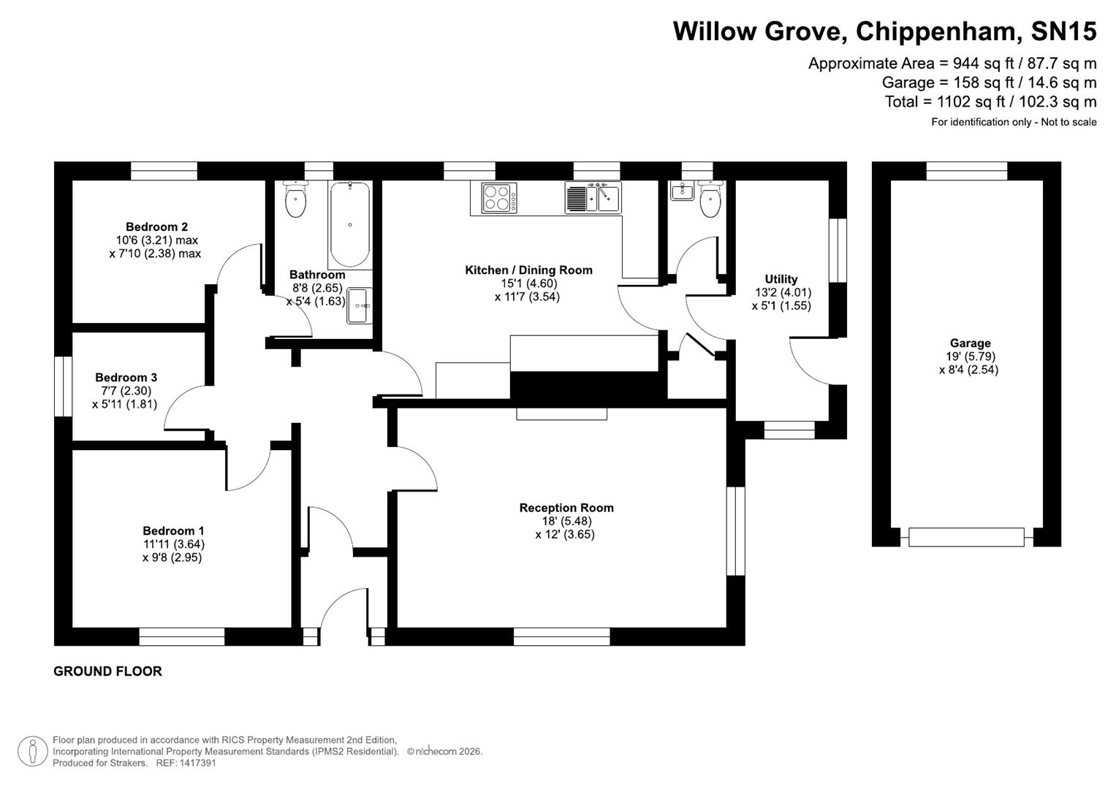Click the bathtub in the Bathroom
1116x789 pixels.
(x=349, y=224)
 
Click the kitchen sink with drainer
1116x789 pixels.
(x=593, y=197)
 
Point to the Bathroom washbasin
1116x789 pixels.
(x=360, y=305)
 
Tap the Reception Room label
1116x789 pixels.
(x=566, y=508)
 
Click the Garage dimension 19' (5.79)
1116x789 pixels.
(x=970, y=357)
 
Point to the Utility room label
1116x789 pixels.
(x=781, y=279)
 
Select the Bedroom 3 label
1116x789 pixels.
(x=126, y=378)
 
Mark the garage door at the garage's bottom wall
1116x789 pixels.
(x=966, y=537)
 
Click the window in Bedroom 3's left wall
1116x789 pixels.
(x=64, y=386)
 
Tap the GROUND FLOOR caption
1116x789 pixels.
(x=107, y=671)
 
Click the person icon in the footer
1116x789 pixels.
(x=32, y=751)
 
